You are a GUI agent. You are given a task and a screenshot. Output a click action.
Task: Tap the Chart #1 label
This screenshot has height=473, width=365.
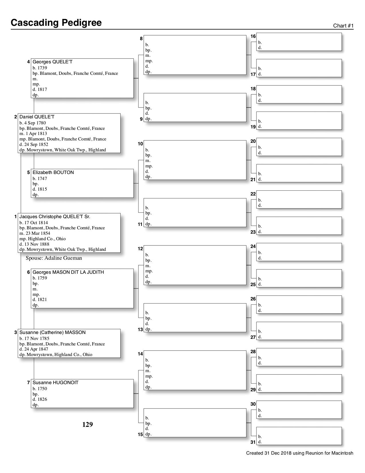pos(343,26)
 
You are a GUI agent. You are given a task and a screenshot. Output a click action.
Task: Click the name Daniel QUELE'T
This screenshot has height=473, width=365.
pos(37,117)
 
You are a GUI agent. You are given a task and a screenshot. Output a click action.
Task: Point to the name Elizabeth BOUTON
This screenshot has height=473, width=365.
pos(53,172)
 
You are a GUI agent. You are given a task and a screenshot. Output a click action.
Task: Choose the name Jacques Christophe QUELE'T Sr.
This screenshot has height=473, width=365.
pos(55,216)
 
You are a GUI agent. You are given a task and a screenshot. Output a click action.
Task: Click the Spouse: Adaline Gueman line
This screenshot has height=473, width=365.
pos(54,258)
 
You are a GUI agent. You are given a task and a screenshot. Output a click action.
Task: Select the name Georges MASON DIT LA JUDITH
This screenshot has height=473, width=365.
pos(68,272)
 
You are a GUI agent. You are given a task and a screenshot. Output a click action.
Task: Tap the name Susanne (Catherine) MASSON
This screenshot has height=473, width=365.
pos(52,332)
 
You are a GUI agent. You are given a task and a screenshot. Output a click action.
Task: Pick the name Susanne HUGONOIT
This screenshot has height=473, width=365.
pos(56,382)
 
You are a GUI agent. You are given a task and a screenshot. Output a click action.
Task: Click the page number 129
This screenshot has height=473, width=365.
pos(88,425)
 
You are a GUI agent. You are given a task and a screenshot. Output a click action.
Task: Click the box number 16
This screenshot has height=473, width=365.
pos(253,36)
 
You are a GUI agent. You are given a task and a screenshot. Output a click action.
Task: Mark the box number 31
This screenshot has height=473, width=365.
pos(253,442)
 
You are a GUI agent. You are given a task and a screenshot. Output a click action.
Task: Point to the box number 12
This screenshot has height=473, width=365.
pos(140,249)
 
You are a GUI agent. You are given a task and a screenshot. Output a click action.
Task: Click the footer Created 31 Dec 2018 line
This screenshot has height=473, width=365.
pos(299,453)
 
